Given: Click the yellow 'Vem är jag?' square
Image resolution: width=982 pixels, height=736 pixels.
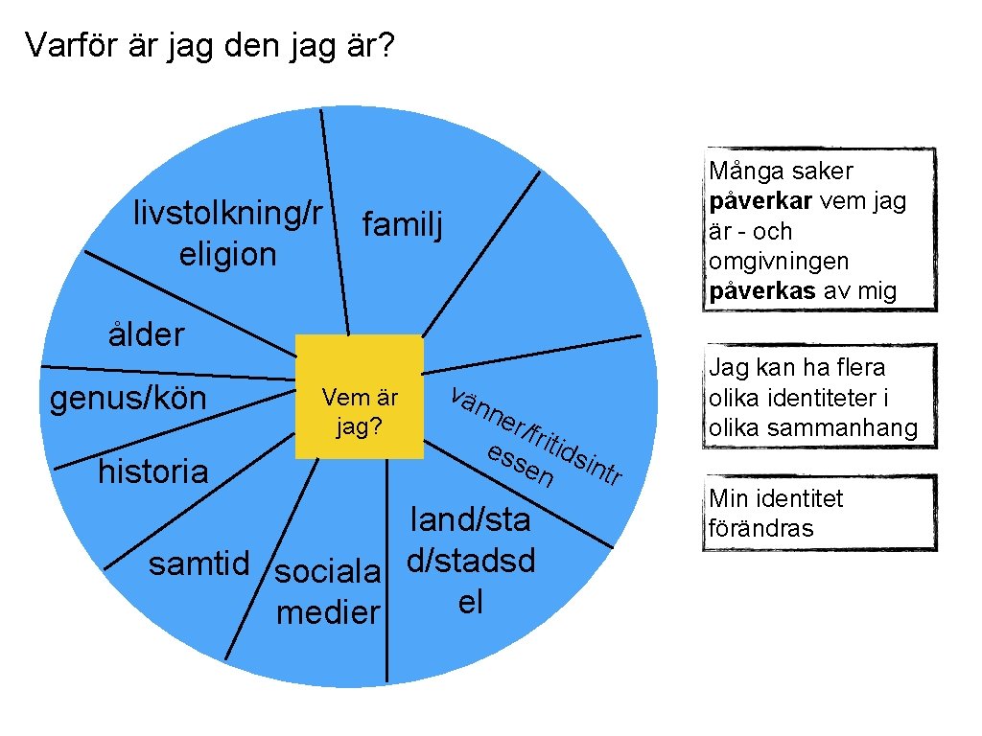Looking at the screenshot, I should pos(360,397).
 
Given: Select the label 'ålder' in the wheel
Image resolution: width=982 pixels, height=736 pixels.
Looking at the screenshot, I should pos(145,335).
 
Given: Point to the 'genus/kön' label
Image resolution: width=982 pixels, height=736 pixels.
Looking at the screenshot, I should pos(128,398).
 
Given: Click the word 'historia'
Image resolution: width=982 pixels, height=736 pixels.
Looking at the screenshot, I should pos(152,471).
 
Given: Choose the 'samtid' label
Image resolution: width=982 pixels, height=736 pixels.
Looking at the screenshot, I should pos(199,563).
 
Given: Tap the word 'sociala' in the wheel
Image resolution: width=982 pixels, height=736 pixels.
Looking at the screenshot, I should pos(329,572).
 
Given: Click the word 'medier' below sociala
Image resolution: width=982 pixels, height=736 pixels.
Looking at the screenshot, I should pos(328,612).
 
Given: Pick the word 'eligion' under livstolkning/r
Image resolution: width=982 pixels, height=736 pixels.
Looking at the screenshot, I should pos(227,255).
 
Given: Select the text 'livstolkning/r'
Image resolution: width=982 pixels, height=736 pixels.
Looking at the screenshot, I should pos(227,213).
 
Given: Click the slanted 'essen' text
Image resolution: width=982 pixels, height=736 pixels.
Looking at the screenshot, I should pos(520,463).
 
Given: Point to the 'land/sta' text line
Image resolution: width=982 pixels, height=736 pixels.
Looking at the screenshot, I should pos(470,519).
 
